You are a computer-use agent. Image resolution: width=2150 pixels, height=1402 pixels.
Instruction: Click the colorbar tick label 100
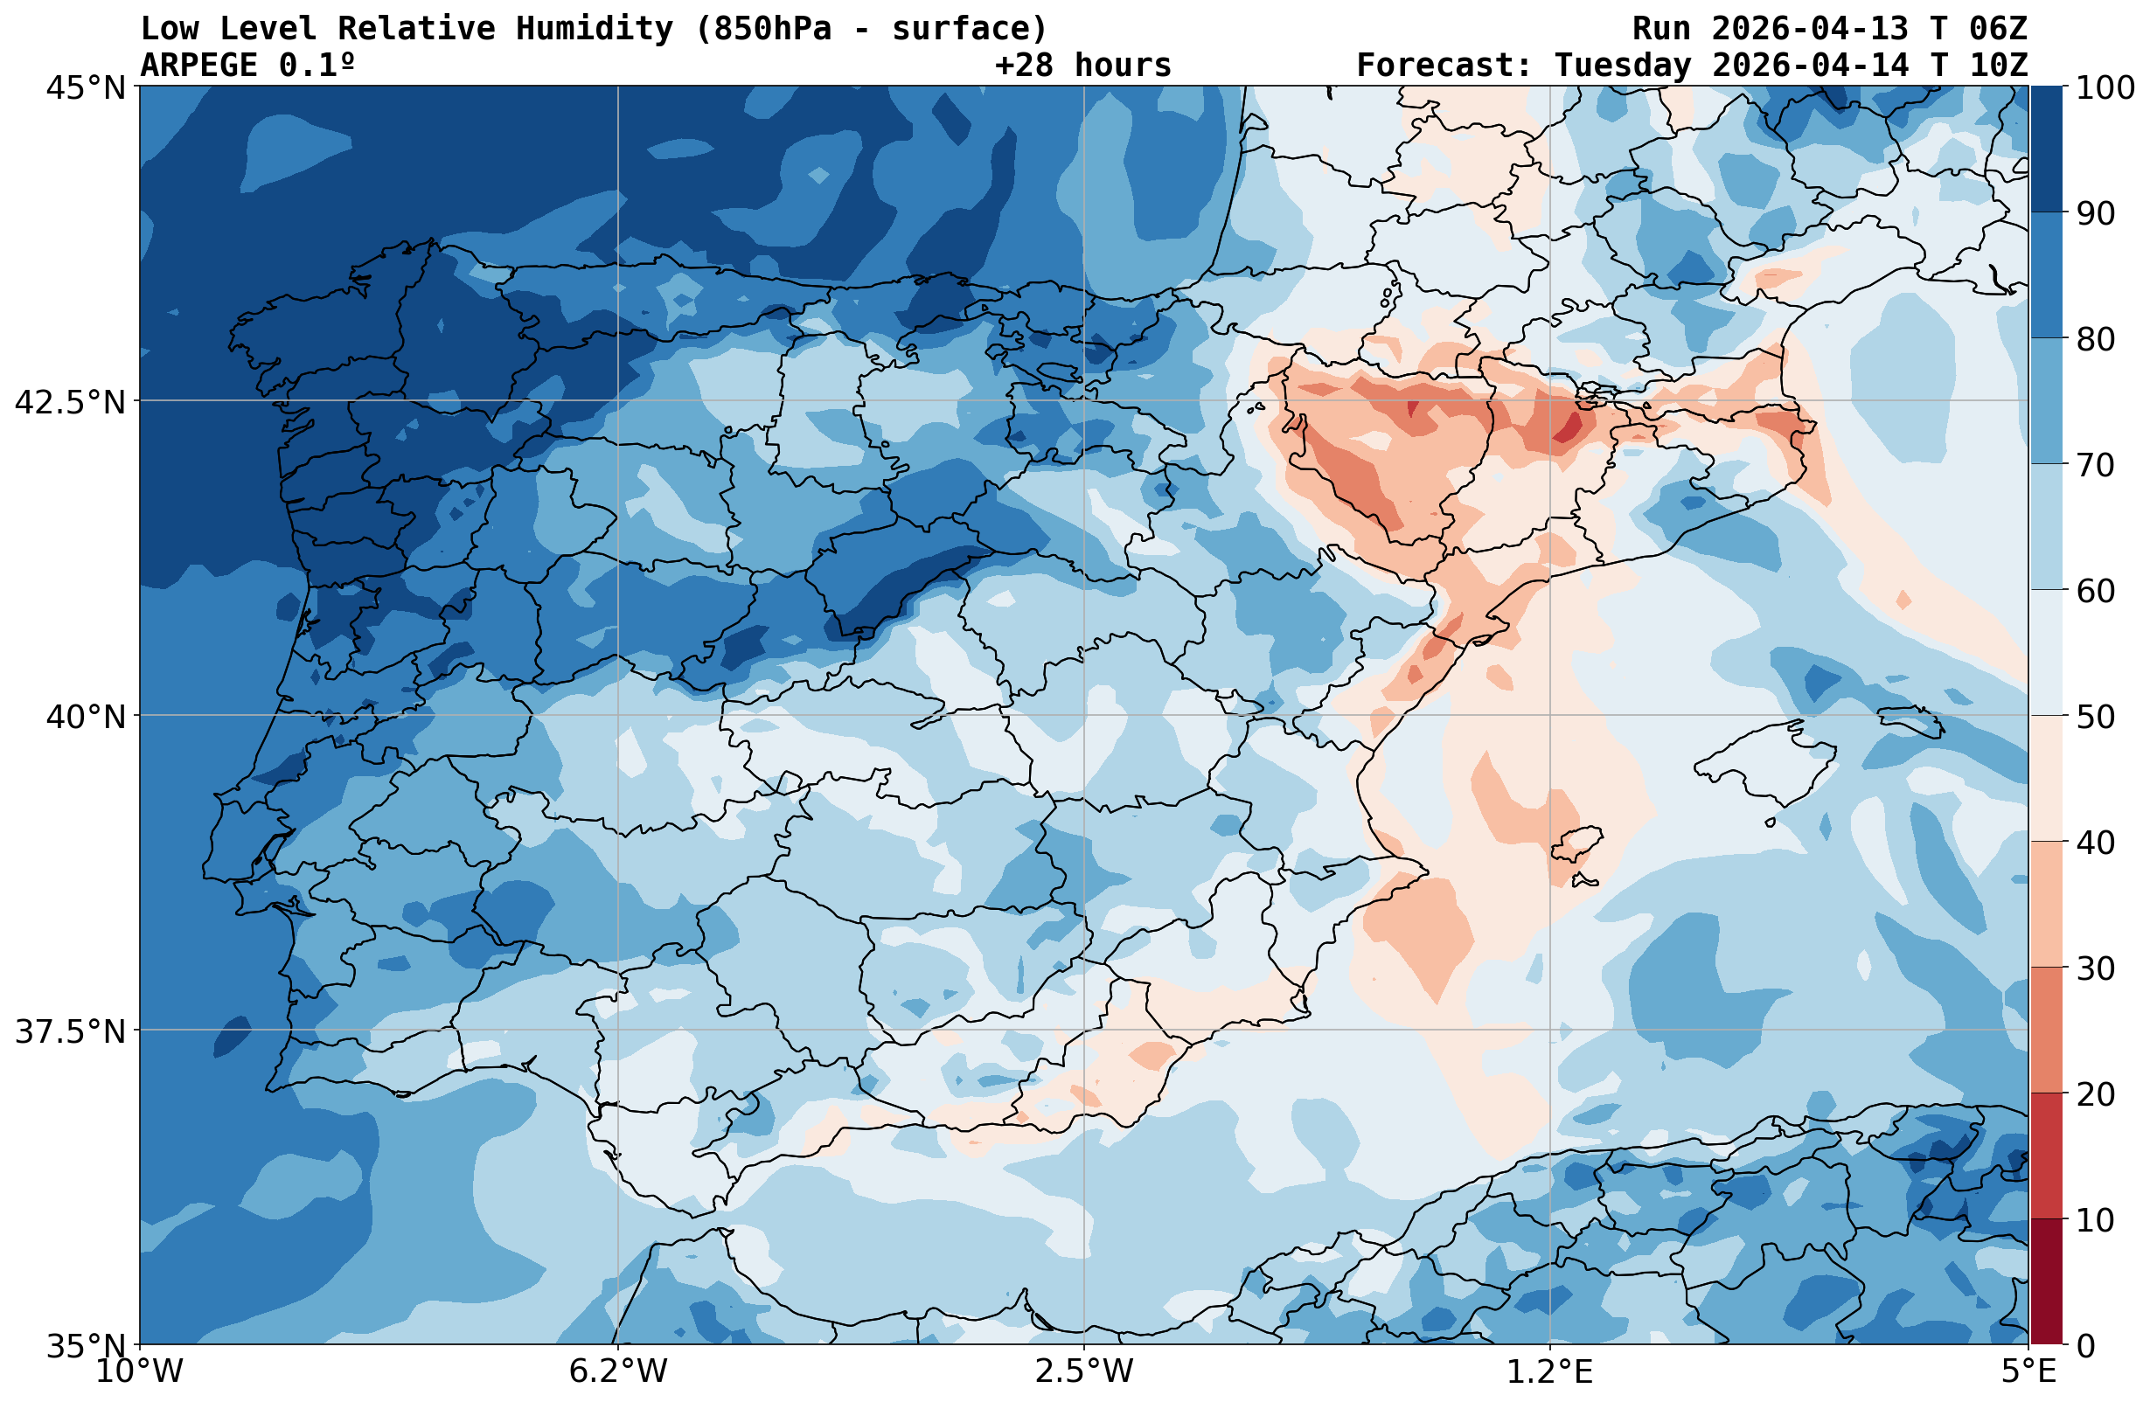click(2104, 87)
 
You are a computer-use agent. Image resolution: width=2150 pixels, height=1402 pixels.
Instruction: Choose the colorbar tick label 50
click(2095, 717)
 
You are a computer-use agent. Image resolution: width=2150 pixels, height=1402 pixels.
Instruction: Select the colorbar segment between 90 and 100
click(2046, 149)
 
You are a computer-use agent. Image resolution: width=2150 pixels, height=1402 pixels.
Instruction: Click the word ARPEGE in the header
click(198, 65)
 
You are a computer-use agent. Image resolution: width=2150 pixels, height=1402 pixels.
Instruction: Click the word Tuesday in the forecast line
click(1622, 65)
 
